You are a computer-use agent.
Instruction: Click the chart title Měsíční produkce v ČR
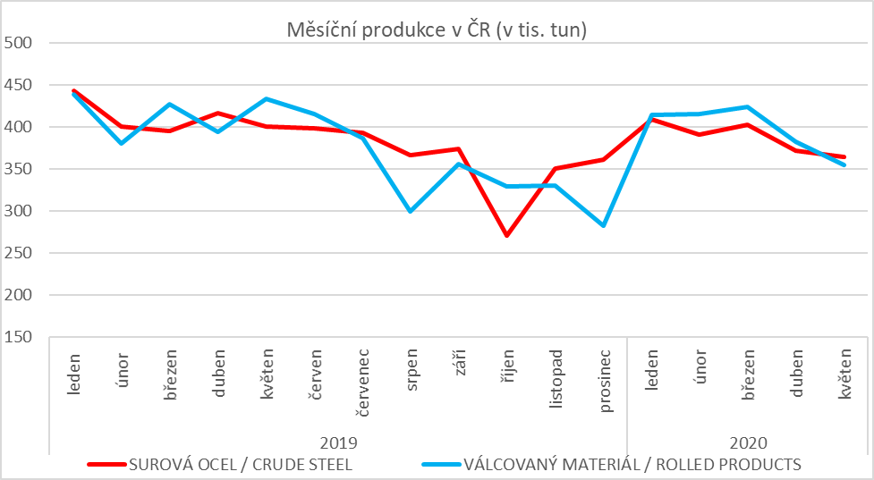click(436, 29)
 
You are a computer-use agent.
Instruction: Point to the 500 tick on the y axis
click(17, 43)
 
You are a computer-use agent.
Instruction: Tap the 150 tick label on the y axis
click(17, 338)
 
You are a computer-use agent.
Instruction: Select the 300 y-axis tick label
click(17, 212)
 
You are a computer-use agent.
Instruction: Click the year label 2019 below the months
click(338, 442)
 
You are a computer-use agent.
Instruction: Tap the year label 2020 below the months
click(748, 442)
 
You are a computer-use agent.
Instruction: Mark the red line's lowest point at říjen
click(506, 236)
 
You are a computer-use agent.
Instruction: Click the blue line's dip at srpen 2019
click(410, 211)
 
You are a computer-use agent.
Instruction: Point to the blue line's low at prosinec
click(603, 226)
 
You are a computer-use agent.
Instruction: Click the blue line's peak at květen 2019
click(266, 98)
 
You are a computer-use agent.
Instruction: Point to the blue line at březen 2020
click(748, 106)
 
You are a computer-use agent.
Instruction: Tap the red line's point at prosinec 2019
click(603, 160)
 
